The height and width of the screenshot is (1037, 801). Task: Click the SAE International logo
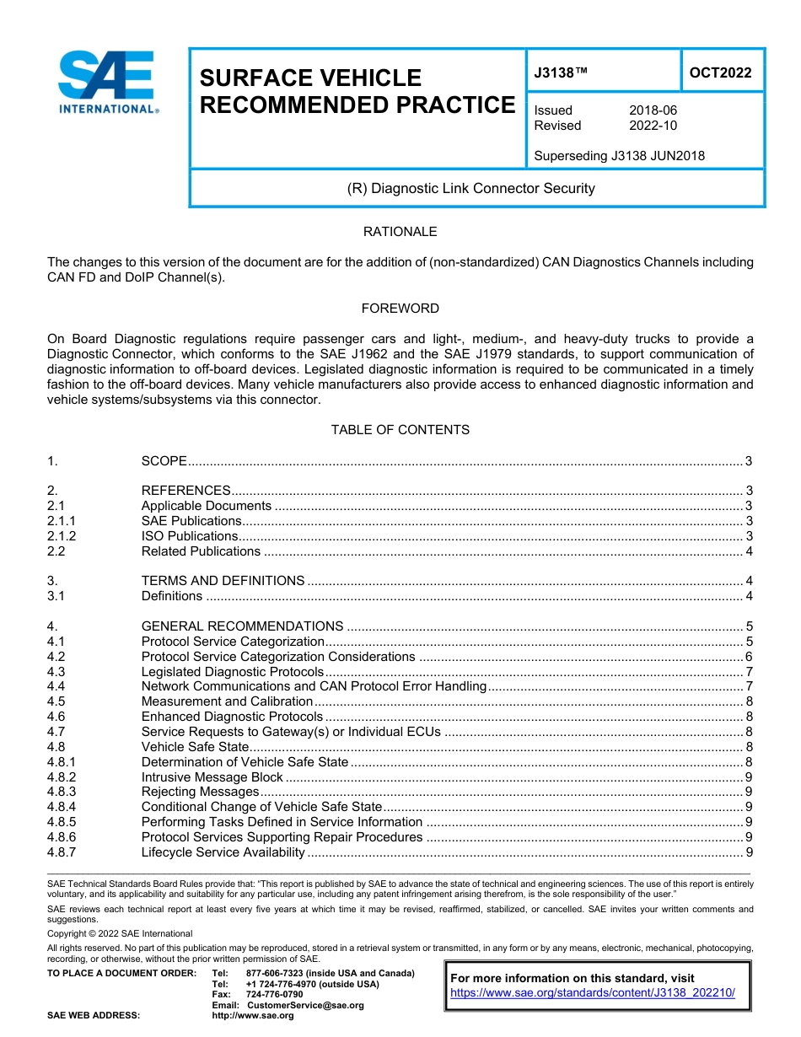[x=107, y=83]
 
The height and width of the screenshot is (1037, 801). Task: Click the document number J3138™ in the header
[x=561, y=73]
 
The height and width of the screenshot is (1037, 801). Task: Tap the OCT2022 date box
[x=720, y=73]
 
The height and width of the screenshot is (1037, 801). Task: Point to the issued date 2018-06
[x=653, y=110]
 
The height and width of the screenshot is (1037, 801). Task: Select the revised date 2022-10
[x=653, y=126]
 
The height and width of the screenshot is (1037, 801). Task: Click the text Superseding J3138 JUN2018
[x=620, y=155]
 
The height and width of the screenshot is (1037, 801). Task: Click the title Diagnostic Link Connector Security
[x=471, y=188]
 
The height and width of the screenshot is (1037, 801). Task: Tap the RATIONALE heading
[x=400, y=232]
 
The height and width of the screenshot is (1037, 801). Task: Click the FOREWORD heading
[x=400, y=309]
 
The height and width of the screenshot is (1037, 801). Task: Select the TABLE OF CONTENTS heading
[x=400, y=430]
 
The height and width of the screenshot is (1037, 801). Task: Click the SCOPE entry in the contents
[x=164, y=461]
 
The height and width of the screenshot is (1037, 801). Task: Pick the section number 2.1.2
[x=62, y=536]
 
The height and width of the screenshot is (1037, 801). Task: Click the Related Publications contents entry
[x=201, y=551]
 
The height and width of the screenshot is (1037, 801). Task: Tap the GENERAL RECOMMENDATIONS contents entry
[x=242, y=626]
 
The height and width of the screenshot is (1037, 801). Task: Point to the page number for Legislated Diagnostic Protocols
[x=749, y=672]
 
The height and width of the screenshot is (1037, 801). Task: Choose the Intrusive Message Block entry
[x=212, y=777]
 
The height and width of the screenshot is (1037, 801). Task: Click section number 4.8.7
[x=62, y=852]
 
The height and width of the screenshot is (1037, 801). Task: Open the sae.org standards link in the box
[x=593, y=993]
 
